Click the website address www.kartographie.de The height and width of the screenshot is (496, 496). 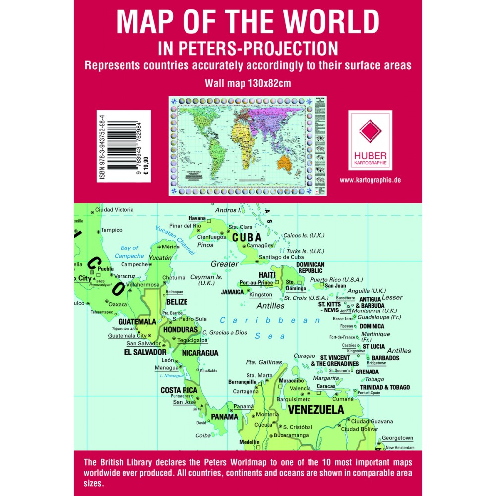click(371, 180)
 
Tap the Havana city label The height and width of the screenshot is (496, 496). click(197, 218)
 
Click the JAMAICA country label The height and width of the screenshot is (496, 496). click(232, 292)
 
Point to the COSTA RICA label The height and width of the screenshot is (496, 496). click(179, 390)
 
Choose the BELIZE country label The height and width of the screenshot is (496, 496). click(177, 301)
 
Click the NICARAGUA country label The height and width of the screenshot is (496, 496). click(200, 353)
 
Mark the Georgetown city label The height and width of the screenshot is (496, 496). click(397, 438)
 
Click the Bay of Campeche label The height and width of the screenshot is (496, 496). click(129, 252)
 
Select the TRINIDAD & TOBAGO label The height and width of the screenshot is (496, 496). click(384, 387)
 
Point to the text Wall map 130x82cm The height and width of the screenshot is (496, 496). click(248, 82)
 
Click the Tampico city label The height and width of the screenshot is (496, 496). click(111, 230)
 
